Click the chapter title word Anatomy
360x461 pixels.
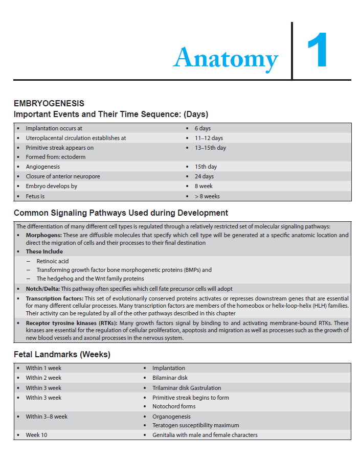226,57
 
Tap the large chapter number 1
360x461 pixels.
318,52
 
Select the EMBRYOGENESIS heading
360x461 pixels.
49,104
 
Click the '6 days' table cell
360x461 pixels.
202,128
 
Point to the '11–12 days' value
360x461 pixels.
209,138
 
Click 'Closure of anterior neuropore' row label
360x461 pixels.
63,176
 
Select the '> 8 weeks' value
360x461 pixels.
207,196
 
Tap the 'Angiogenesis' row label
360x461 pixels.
43,167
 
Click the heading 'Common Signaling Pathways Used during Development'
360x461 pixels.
121,213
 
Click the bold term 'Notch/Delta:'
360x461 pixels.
43,289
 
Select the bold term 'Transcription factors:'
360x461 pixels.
54,298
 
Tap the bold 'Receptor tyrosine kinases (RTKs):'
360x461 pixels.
72,323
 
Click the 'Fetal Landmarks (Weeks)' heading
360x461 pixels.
62,354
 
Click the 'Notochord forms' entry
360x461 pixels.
174,406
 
